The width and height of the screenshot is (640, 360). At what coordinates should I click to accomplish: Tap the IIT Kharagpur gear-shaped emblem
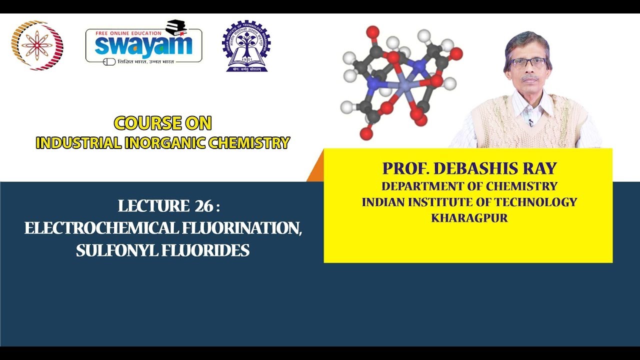click(x=246, y=46)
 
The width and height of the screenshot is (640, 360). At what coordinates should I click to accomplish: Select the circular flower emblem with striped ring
click(x=37, y=45)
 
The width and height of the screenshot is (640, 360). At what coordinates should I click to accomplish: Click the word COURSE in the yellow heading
click(x=140, y=123)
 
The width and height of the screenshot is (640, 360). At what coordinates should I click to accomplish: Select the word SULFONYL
click(x=116, y=250)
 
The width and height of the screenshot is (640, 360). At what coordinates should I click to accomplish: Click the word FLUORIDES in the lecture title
click(x=205, y=250)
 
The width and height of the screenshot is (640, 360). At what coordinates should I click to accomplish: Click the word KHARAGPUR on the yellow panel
click(x=469, y=218)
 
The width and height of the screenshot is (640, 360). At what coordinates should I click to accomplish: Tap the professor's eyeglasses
click(x=528, y=62)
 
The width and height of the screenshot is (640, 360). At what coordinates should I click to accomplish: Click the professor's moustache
click(x=530, y=78)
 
